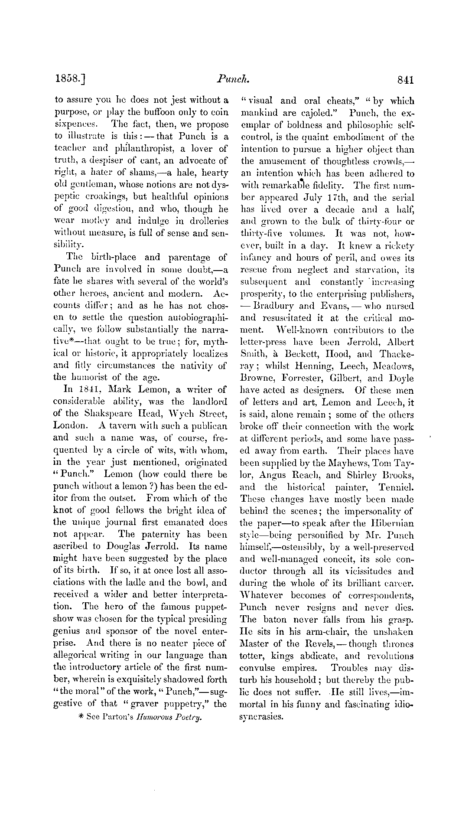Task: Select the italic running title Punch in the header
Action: click(x=234, y=79)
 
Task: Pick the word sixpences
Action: click(x=73, y=124)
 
